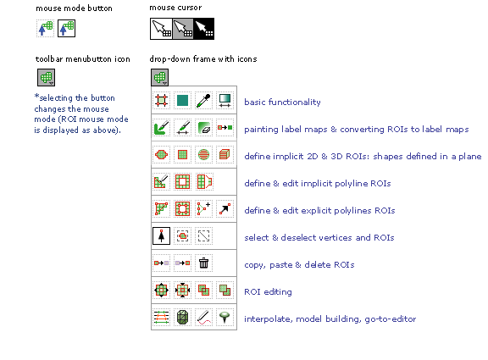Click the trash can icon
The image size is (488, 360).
203,263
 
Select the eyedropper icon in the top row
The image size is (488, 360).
203,101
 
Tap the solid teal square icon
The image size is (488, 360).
182,101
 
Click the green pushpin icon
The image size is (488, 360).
225,318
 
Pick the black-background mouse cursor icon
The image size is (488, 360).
204,29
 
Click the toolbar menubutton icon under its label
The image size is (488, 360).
46,77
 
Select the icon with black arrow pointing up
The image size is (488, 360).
161,235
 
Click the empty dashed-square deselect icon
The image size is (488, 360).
203,235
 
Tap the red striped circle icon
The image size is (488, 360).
203,154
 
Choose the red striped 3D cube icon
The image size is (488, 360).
225,154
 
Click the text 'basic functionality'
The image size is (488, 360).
282,102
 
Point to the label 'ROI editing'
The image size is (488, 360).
268,292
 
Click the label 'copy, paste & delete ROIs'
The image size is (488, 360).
299,265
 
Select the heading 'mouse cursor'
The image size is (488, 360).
175,8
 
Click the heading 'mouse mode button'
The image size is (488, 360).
74,8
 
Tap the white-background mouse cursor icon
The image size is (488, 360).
161,29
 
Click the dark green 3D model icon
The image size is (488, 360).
182,318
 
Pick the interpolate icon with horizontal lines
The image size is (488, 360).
161,318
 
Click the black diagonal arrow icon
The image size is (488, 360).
225,208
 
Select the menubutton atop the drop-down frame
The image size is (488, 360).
159,77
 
